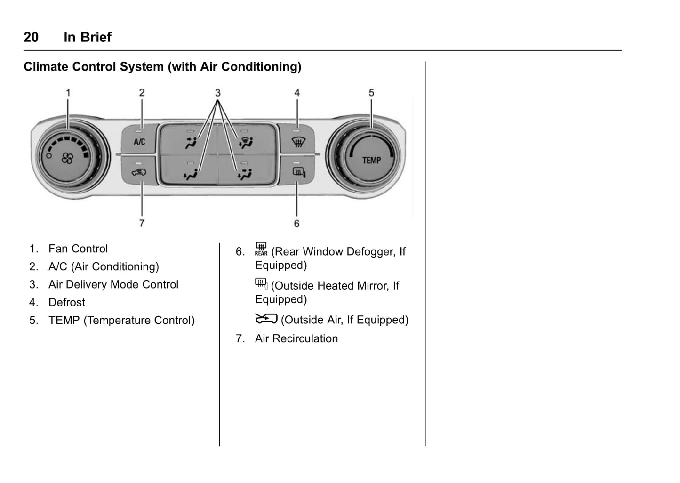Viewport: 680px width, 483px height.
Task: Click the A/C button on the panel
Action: point(139,140)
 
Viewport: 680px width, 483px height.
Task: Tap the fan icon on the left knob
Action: point(67,159)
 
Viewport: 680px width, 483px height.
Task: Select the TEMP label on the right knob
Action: point(371,160)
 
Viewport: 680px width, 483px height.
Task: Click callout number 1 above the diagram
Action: point(68,93)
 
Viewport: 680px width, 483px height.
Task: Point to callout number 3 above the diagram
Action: point(217,93)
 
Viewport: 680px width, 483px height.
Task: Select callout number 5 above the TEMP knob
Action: point(371,93)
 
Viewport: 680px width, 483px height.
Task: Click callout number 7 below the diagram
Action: point(142,223)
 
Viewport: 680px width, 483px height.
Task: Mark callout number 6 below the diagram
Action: point(296,224)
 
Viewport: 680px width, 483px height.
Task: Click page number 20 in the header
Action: point(31,37)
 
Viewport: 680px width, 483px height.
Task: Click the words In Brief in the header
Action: point(88,37)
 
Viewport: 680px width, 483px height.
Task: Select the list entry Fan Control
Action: point(78,249)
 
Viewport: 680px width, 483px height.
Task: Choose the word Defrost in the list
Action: point(67,302)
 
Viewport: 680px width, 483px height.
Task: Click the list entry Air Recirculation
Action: point(296,338)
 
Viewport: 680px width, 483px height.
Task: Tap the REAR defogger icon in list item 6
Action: point(261,249)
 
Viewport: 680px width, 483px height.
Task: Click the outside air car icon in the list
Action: point(266,319)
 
